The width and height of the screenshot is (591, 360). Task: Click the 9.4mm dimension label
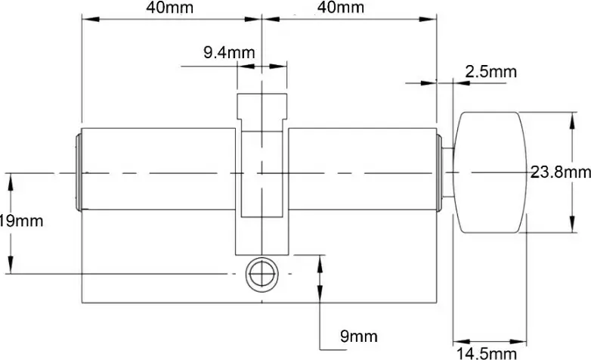[x=229, y=53]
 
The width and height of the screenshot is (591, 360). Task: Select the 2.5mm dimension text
[x=490, y=73]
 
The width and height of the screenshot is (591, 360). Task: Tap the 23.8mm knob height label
[x=560, y=172]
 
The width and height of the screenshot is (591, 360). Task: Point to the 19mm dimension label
[x=21, y=222]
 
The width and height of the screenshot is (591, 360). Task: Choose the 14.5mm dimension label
[x=486, y=353]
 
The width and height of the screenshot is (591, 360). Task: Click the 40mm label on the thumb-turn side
[x=340, y=8]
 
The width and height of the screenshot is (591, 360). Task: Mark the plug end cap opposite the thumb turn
[x=78, y=172]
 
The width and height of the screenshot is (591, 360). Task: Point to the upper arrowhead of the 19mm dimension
[x=11, y=178]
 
